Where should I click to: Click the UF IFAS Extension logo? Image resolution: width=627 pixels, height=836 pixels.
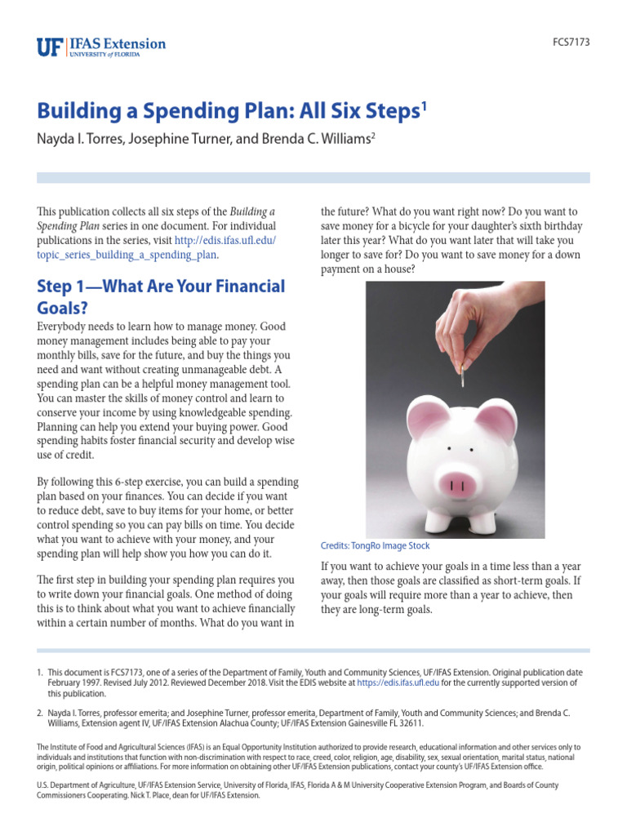click(101, 47)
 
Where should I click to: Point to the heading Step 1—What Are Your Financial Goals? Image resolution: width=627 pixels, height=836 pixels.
click(161, 296)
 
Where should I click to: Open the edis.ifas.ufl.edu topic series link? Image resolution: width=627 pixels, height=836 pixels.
click(155, 247)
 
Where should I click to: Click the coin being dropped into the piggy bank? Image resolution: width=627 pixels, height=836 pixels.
click(462, 376)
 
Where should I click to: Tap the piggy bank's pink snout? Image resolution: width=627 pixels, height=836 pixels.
click(457, 483)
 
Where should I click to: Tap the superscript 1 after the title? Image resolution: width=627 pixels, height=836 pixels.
click(423, 106)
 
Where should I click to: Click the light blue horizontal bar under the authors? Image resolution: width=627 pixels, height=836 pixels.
click(313, 177)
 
